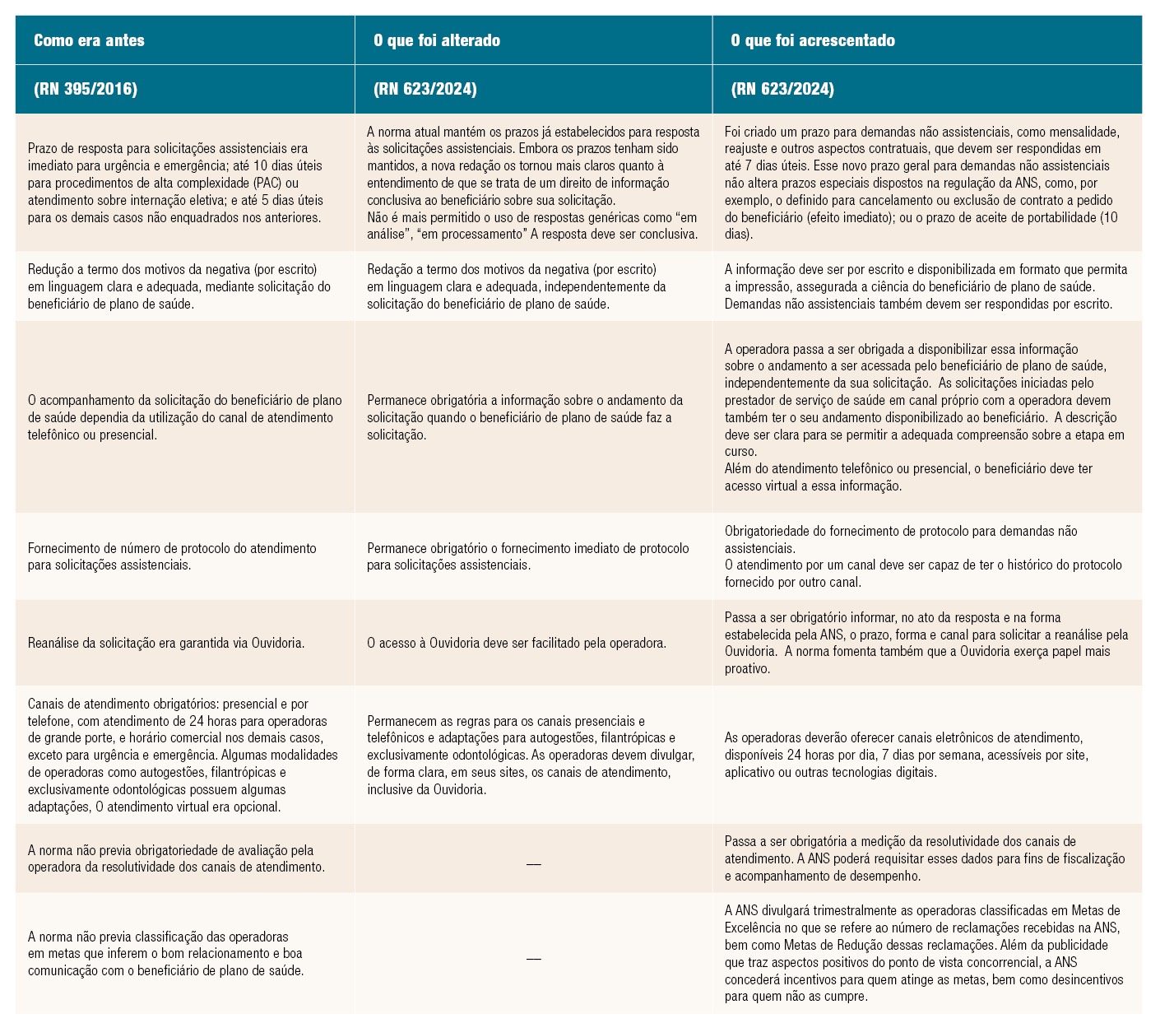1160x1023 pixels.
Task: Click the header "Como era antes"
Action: (89, 40)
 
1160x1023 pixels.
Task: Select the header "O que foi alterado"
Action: (436, 40)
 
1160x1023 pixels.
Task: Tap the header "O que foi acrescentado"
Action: (812, 40)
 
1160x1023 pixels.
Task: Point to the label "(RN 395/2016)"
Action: (86, 89)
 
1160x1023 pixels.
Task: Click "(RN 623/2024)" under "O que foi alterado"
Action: (425, 89)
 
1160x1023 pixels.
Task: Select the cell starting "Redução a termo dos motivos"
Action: (179, 286)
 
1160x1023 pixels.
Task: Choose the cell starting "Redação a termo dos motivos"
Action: (516, 286)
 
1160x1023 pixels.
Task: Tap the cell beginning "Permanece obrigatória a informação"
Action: (524, 417)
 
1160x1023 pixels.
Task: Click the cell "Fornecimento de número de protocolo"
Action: (172, 556)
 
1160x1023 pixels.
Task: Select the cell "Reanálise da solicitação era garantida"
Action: (166, 643)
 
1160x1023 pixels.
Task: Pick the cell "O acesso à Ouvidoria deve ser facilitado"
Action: (516, 643)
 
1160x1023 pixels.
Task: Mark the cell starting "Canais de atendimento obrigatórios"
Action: (183, 755)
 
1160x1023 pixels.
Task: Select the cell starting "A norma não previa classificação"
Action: (165, 954)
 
